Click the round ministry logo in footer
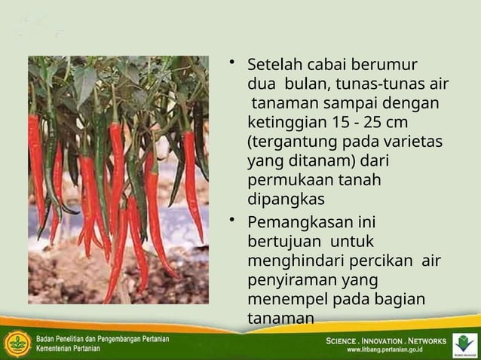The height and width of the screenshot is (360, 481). click(17, 344)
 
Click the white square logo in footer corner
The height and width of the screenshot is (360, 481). click(464, 344)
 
